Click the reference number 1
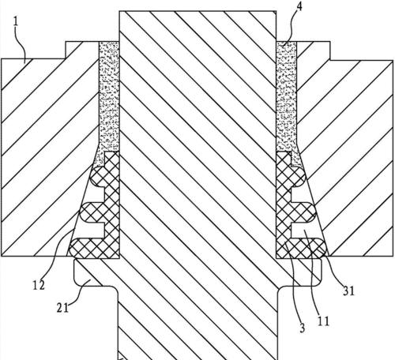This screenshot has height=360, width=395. click(16, 21)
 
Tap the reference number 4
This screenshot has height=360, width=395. click(299, 6)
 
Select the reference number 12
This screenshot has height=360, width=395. click(39, 285)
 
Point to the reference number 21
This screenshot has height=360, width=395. click(62, 308)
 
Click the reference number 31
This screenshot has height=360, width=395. click(348, 291)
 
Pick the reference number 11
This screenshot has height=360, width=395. click(323, 321)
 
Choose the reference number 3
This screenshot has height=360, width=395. click(302, 328)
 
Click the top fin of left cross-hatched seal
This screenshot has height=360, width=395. click(98, 176)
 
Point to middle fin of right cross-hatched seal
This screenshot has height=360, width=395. click(303, 212)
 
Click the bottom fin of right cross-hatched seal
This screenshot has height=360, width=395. click(308, 247)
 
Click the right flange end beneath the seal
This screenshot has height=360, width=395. click(310, 272)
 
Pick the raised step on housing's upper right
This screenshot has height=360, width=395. click(314, 51)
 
